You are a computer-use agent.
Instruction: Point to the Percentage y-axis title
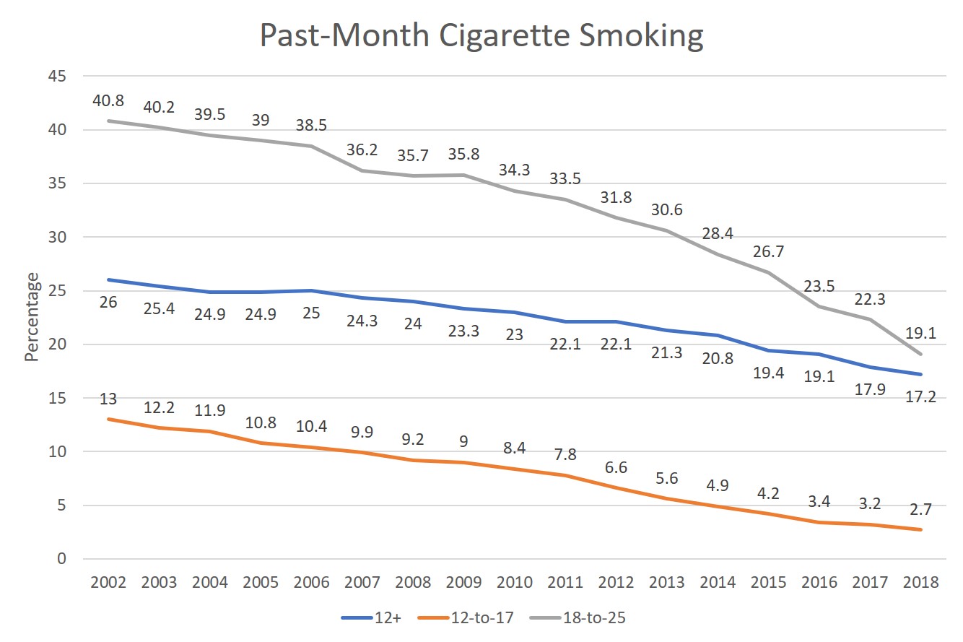31,318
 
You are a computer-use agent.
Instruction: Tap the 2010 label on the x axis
515,583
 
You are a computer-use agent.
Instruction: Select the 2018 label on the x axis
921,583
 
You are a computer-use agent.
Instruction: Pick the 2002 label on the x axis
109,583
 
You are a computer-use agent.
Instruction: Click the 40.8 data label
109,100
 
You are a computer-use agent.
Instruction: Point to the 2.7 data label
921,509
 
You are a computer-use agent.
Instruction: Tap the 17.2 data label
921,396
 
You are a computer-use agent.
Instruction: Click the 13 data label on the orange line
109,399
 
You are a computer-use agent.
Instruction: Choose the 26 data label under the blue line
109,302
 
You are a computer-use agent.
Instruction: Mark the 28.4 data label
718,234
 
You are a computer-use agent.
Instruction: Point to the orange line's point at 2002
109,420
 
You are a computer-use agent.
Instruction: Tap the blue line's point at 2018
921,374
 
